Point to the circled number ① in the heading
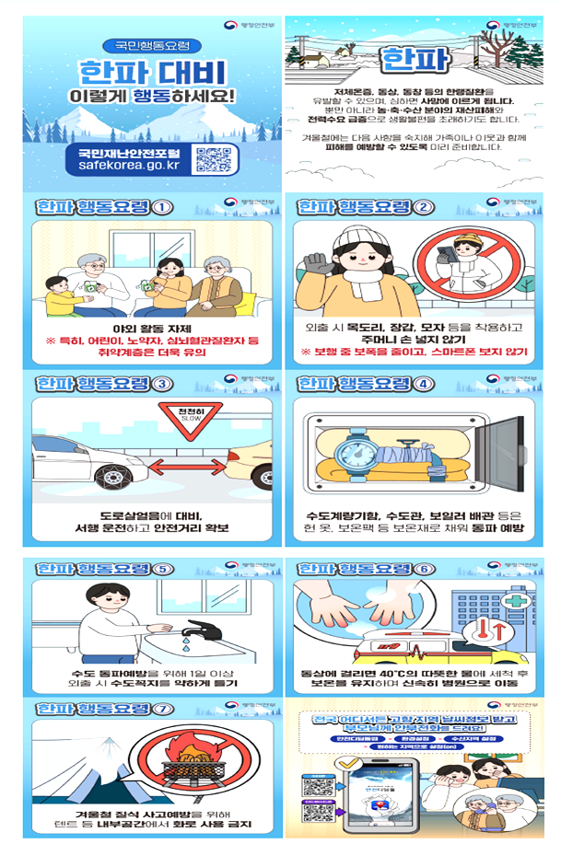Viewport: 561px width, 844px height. [163, 206]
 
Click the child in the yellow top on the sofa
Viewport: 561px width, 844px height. [60, 297]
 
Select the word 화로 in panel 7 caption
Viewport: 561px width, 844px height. [172, 824]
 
